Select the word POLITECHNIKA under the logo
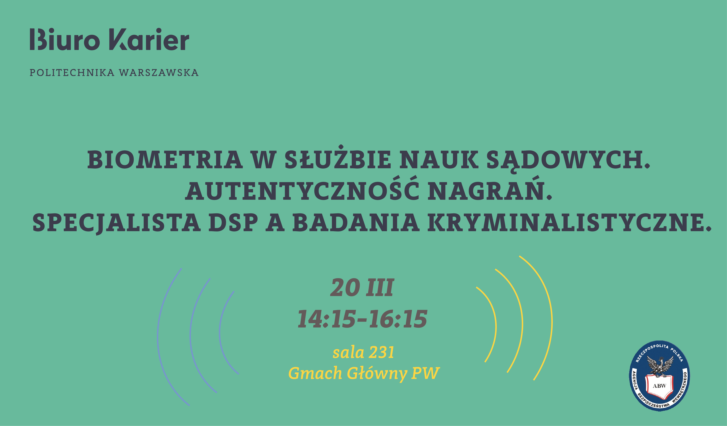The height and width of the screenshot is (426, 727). tap(72, 73)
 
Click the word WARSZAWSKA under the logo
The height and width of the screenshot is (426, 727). tap(159, 73)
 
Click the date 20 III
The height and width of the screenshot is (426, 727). tap(362, 288)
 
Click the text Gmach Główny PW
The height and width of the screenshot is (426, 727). tap(364, 373)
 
